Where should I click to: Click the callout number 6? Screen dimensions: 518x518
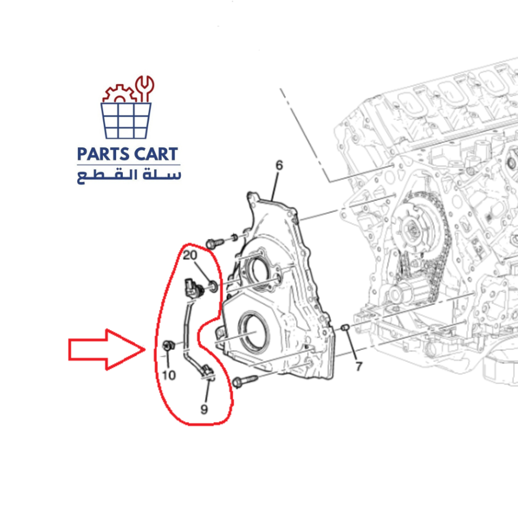[279, 166]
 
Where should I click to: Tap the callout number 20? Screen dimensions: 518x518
[191, 255]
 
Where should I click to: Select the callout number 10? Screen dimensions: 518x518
[169, 375]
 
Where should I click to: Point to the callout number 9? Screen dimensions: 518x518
[204, 409]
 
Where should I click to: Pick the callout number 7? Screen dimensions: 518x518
[358, 367]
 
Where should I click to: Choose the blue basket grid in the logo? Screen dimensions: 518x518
[126, 120]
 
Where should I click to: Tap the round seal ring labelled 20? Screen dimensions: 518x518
[213, 285]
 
